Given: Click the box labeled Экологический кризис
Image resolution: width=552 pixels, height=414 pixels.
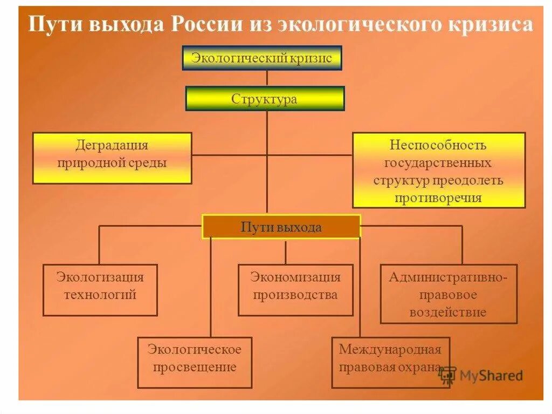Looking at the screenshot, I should tap(261, 58).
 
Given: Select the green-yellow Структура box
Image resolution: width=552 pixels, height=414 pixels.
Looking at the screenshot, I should tap(264, 99).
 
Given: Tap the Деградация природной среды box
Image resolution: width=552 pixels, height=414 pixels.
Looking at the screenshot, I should tap(112, 158).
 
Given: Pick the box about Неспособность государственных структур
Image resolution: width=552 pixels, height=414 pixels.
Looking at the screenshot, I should tap(439, 170).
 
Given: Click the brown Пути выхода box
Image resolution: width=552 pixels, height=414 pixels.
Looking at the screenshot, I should tap(281, 227).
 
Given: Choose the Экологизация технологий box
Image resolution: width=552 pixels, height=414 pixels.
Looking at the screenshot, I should tap(100, 290).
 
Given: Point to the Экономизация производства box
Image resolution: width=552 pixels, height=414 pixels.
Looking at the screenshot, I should tap(295, 290).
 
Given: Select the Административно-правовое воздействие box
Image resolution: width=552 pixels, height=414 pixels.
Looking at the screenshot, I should tap(448, 294).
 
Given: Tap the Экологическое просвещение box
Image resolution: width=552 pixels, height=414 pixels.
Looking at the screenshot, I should tap(195, 362).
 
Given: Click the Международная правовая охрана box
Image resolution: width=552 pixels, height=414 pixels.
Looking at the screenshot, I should tap(390, 362).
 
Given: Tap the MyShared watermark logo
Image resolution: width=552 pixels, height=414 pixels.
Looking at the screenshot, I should tap(481, 375).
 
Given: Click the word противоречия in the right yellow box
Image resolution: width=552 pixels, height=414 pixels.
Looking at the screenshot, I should tap(438, 198).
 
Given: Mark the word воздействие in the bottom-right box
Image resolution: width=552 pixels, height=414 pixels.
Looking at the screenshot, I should tap(448, 312).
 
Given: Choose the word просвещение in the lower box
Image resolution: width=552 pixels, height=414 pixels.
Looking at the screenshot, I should tap(195, 368).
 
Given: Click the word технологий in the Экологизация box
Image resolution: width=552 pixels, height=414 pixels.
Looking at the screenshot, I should tap(100, 295).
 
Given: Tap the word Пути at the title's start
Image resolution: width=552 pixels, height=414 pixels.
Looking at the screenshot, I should tap(47, 24).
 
